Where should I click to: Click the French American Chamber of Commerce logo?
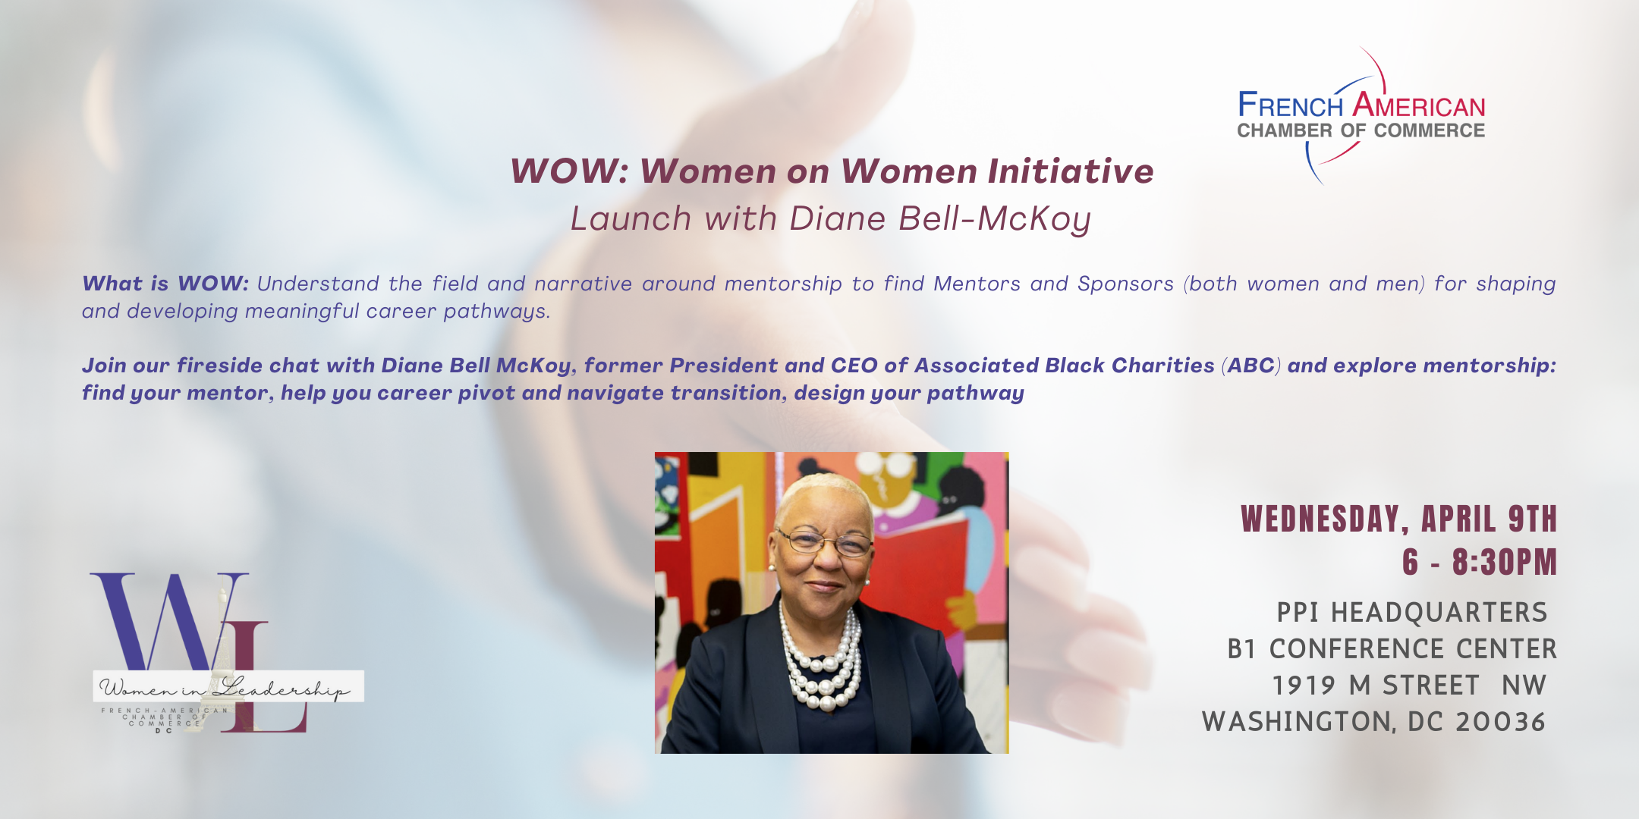pyautogui.click(x=1361, y=115)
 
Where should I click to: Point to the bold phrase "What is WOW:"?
pyautogui.click(x=165, y=284)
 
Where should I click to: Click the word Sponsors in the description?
pyautogui.click(x=1125, y=284)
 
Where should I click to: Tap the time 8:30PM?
pyautogui.click(x=1505, y=562)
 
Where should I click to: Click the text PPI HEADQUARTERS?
pyautogui.click(x=1412, y=612)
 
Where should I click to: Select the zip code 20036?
pyautogui.click(x=1500, y=722)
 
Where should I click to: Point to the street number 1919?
pyautogui.click(x=1304, y=686)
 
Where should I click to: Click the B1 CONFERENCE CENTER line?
pyautogui.click(x=1392, y=649)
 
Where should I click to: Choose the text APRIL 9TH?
pyautogui.click(x=1489, y=519)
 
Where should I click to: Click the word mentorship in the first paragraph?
pyautogui.click(x=783, y=284)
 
